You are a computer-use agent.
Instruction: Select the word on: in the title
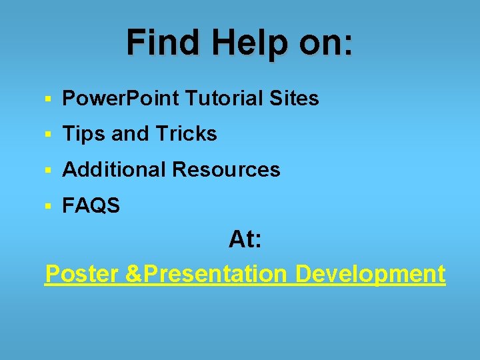pos(325,42)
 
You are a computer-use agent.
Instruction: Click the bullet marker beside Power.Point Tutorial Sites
pos(48,99)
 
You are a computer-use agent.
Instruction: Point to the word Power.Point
pos(121,99)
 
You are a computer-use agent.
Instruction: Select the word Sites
pos(295,99)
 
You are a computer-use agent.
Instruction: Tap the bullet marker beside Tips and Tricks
pos(48,135)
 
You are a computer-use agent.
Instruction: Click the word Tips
pos(84,134)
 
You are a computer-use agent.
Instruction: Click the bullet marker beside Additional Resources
pos(48,171)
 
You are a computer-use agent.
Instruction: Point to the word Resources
pos(226,170)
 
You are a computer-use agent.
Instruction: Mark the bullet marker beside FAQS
pos(48,207)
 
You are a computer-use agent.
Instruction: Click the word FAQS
pos(91,206)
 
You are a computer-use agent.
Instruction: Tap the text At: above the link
pos(245,239)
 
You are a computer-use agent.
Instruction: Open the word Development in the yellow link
pos(370,273)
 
